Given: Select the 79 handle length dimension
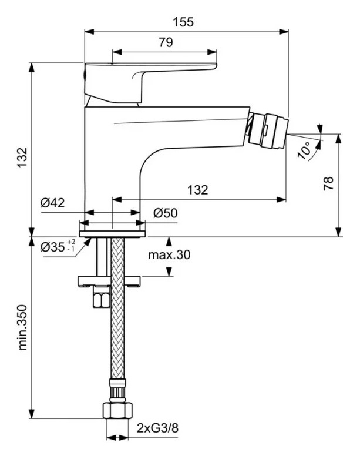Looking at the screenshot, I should pos(166,42).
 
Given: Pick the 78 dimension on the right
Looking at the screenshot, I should pos(329,183).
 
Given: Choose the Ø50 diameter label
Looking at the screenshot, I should pos(165,214).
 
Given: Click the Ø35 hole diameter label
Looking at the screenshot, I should pos(53,247).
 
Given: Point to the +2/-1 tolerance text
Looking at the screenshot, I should pos(71,245).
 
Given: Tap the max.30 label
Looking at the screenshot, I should pos(169,254).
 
